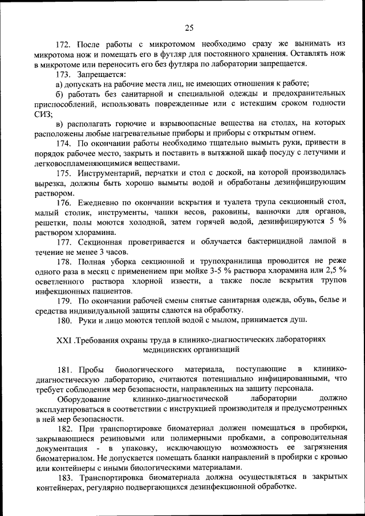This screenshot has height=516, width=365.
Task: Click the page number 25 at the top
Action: [190, 26]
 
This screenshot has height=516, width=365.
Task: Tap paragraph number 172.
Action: [63, 44]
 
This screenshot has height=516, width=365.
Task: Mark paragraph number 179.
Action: [63, 301]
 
